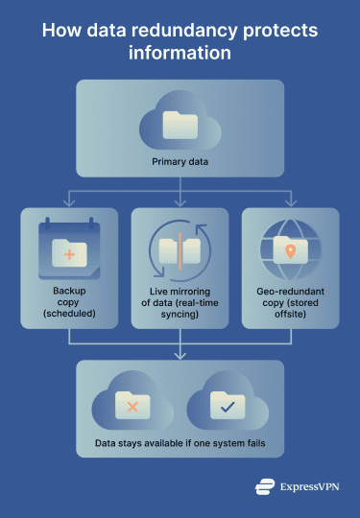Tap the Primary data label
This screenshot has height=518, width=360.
[x=180, y=161]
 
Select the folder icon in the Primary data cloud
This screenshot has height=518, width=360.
[x=180, y=124]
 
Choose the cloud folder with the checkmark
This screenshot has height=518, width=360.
[x=226, y=406]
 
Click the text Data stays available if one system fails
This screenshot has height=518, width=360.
[x=180, y=445]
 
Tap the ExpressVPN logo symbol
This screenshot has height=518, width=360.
[x=266, y=486]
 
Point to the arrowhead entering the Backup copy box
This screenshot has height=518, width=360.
[x=68, y=203]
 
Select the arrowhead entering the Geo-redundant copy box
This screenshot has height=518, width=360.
[x=291, y=203]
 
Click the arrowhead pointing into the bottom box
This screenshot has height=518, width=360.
[x=180, y=356]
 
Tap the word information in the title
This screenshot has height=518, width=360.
[x=180, y=54]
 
